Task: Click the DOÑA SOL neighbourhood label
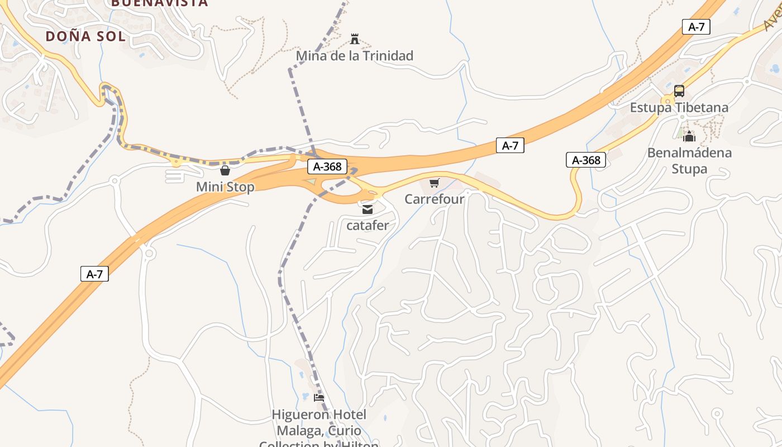click(x=85, y=36)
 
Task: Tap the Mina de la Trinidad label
click(x=354, y=56)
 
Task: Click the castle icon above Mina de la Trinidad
click(x=354, y=39)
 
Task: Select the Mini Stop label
click(x=225, y=187)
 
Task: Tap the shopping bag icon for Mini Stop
click(x=225, y=170)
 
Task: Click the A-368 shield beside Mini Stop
click(x=327, y=167)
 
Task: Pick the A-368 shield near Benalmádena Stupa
click(x=586, y=160)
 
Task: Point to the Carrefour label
click(x=434, y=199)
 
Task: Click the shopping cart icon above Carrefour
click(x=434, y=183)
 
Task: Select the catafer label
click(x=367, y=226)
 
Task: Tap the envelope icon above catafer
click(x=367, y=210)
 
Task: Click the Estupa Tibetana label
click(x=679, y=107)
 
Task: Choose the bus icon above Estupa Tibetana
click(x=679, y=91)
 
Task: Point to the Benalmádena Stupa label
click(x=689, y=160)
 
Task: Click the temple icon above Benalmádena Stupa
click(x=689, y=136)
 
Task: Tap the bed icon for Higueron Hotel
click(x=319, y=398)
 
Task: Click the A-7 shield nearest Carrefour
click(x=510, y=146)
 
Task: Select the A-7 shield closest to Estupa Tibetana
click(x=696, y=27)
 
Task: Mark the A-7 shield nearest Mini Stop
click(x=94, y=274)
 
